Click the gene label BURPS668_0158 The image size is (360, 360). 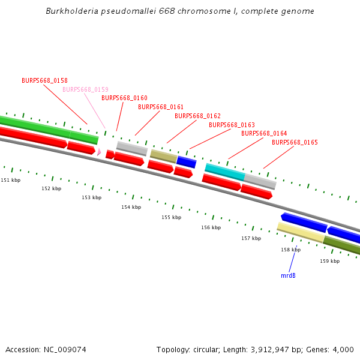pos(44,80)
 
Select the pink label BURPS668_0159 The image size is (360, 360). pos(85,89)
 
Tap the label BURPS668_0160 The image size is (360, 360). pos(124,98)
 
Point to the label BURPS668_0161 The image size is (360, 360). pos(161,107)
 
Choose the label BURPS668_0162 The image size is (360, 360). pos(197,116)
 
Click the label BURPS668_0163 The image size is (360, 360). pos(232,125)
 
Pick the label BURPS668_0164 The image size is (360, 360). pos(264,133)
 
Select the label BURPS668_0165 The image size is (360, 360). pos(295,142)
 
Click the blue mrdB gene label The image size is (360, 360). pos(288,275)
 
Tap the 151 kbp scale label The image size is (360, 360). pos(10,180)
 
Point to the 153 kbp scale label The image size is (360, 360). pos(92,197)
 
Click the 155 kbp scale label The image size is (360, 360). pos(171,217)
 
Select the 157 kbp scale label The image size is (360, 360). pos(251,238)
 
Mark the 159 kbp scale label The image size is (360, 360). pos(329,261)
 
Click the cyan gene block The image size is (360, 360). pos(224,172)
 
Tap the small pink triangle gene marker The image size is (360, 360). pos(99,152)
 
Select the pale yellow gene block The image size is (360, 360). pos(300,232)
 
